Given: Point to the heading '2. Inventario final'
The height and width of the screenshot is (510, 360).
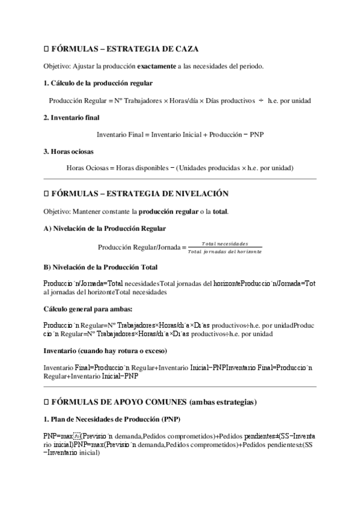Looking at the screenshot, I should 72,118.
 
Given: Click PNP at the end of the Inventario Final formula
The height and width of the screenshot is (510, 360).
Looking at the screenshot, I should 257,135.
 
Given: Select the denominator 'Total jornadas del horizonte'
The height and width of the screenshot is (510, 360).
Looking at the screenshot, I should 225,251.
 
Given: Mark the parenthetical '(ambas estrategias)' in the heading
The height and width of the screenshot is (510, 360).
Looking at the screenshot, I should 223,401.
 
